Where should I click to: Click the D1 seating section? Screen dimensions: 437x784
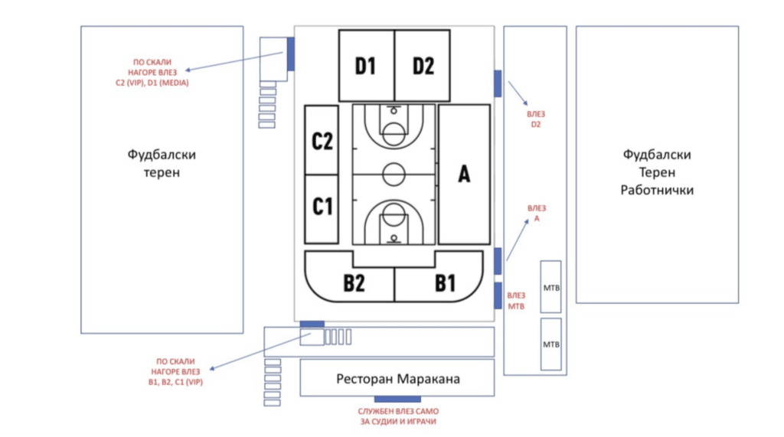[x=366, y=66]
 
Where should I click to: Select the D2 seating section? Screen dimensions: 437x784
[x=423, y=66]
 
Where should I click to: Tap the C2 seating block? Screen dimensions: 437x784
[x=322, y=140]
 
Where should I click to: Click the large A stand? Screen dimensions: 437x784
[x=464, y=174]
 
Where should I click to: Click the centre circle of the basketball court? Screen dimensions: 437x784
[x=394, y=174]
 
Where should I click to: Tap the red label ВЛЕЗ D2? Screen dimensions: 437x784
[x=535, y=119]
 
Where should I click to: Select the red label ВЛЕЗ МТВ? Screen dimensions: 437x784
[x=518, y=301]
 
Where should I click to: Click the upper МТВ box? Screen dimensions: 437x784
[x=550, y=287]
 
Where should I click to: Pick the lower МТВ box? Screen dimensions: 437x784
[x=550, y=344]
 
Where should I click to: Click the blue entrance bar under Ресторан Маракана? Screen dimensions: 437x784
[x=397, y=399]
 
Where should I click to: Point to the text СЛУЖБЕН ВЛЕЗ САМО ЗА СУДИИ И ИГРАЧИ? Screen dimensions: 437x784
[x=398, y=416]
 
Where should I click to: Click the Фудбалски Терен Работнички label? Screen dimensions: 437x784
[x=657, y=172]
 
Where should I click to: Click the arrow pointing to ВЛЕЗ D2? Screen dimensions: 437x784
[x=516, y=93]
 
